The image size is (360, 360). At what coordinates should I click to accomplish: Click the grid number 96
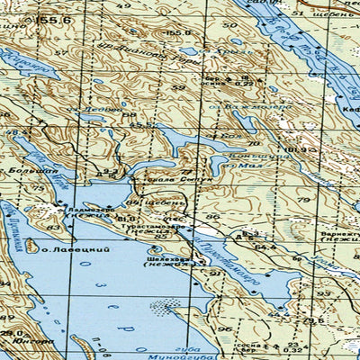[213, 217]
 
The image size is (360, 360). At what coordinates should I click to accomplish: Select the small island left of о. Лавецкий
[30, 244]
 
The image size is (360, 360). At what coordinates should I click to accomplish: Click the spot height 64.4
[264, 244]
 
